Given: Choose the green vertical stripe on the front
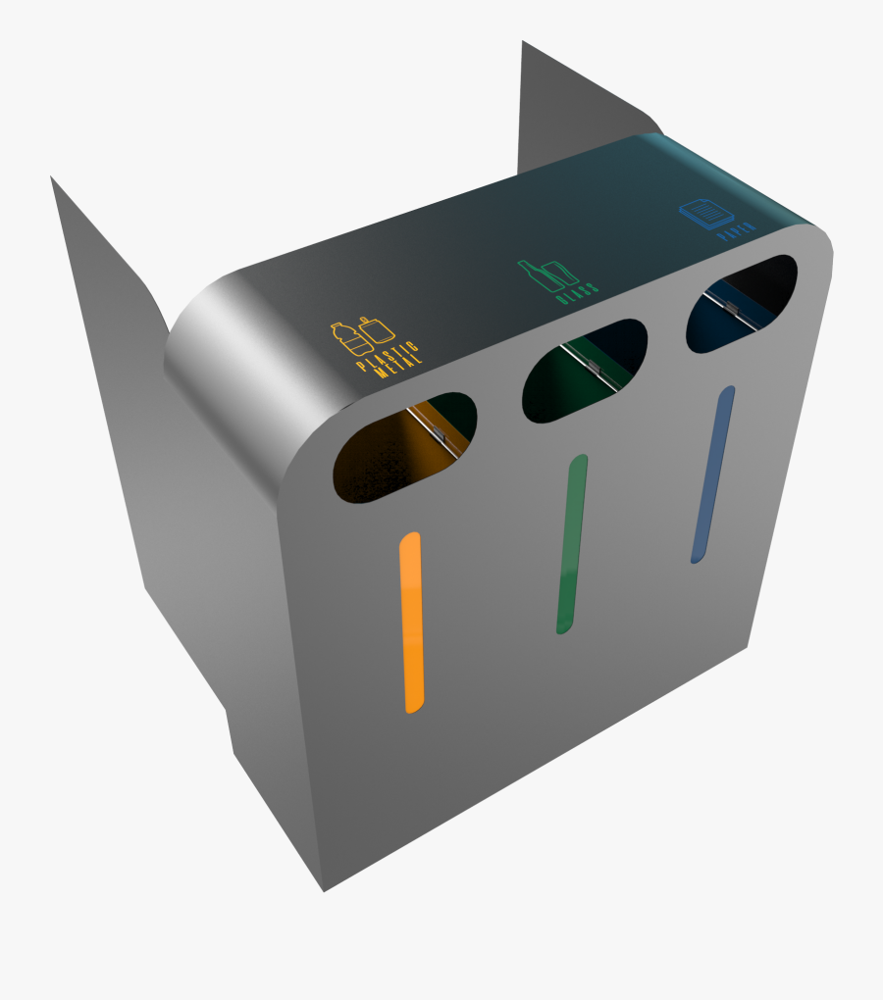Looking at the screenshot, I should tap(572, 543).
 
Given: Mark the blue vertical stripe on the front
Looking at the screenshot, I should tap(711, 474).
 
